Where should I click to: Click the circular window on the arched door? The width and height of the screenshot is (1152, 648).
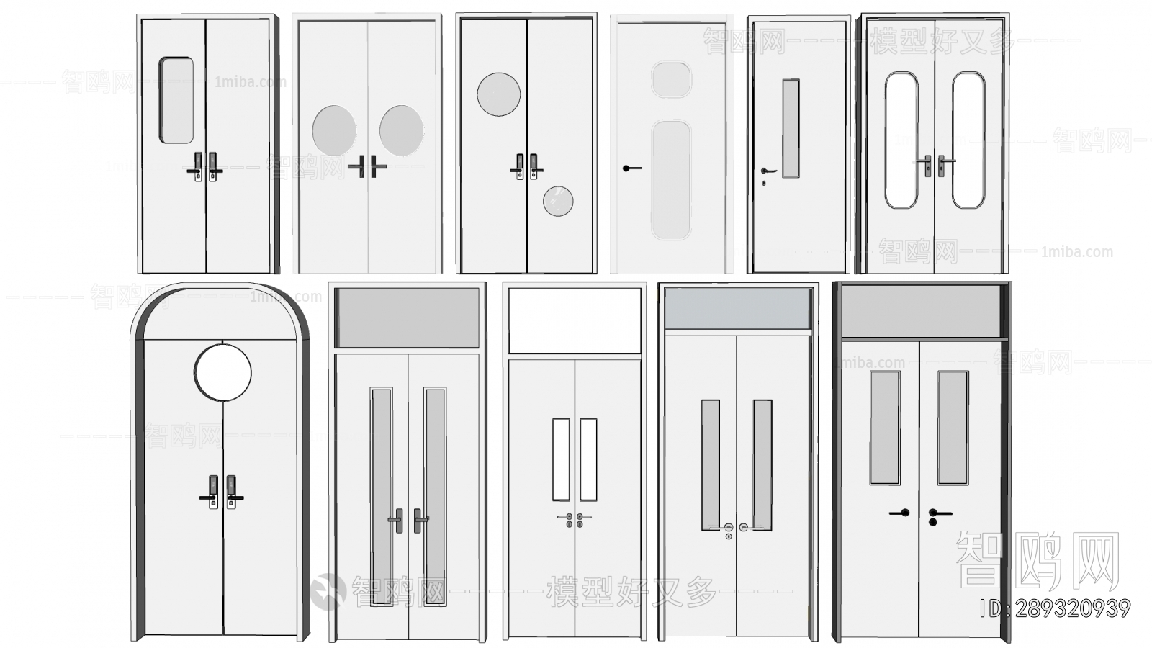(222, 372)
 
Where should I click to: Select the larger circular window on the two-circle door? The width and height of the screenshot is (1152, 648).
(498, 94)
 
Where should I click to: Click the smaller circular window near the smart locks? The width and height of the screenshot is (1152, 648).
(558, 202)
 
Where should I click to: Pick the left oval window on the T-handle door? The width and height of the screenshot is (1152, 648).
(333, 131)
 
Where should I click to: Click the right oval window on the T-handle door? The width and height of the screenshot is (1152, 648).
(401, 130)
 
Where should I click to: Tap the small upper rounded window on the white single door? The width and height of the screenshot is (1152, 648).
(671, 79)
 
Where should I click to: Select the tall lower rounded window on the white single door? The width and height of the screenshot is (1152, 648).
(671, 180)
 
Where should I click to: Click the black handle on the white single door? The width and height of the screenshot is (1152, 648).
(631, 168)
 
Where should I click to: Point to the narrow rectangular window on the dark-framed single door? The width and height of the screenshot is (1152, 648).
(791, 128)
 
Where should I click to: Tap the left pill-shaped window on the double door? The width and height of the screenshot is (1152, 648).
(901, 140)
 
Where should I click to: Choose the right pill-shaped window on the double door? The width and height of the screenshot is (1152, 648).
(968, 140)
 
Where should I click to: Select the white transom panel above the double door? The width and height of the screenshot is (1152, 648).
(575, 320)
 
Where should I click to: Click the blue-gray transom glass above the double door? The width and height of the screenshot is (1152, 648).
(737, 309)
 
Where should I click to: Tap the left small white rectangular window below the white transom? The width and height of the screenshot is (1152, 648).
(561, 459)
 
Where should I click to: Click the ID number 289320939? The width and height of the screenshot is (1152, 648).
(1055, 609)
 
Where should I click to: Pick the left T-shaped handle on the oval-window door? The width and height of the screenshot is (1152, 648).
(359, 167)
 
